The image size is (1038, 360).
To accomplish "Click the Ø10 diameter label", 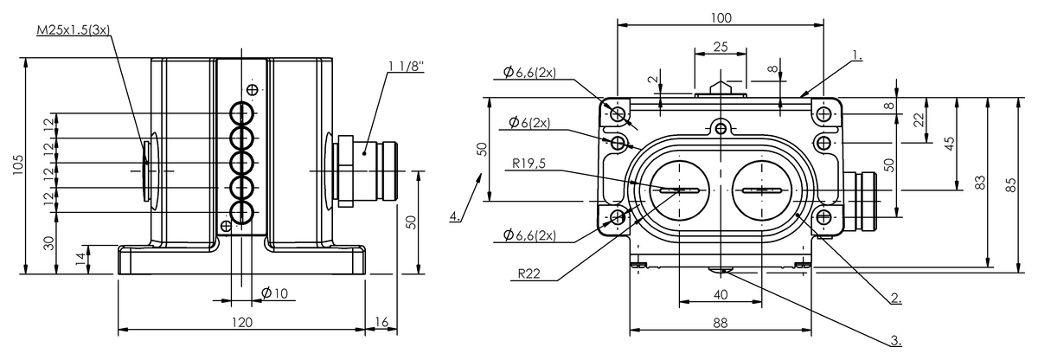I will [274, 293].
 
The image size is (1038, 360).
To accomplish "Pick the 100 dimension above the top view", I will [721, 17].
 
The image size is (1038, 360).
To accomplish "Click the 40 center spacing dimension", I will [721, 295].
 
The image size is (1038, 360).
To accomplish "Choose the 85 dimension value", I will [1011, 183].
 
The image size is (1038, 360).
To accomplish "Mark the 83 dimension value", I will [979, 183].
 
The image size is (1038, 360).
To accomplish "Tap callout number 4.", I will [455, 215].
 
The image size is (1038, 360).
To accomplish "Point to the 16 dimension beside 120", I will [381, 322].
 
